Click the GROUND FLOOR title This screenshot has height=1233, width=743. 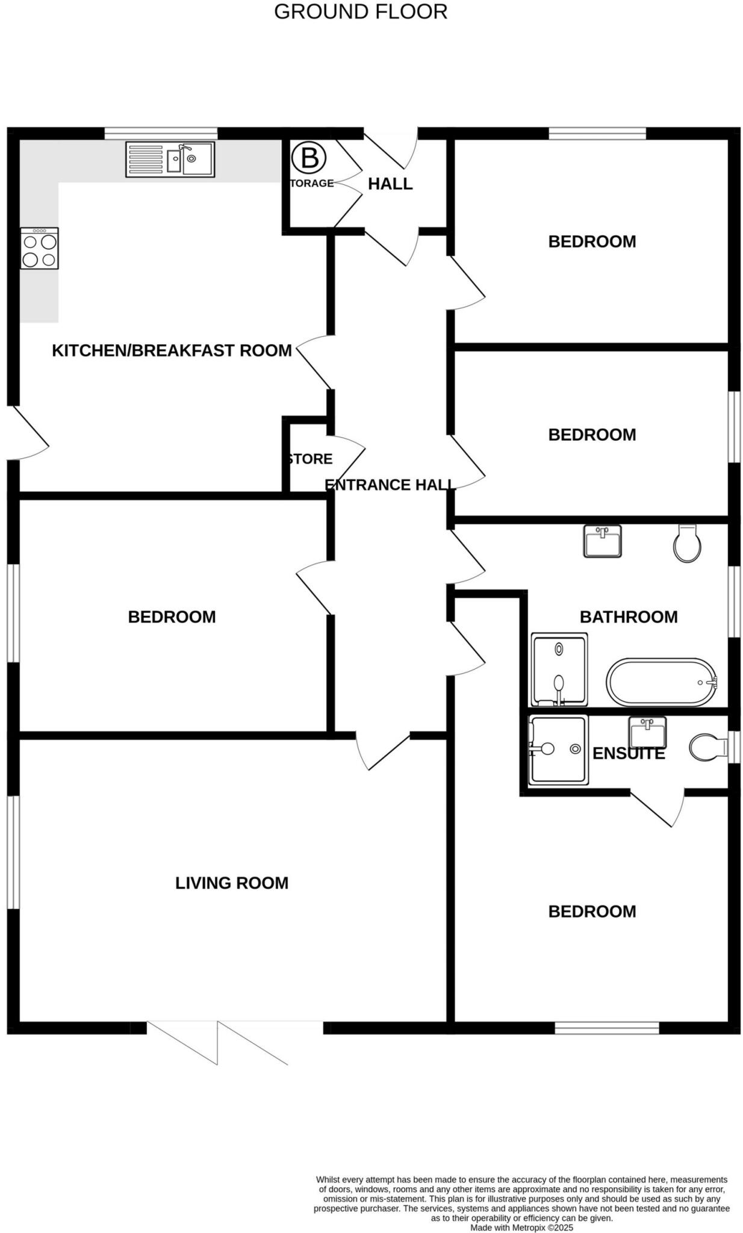pos(361,12)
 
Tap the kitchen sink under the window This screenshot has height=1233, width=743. pos(170,159)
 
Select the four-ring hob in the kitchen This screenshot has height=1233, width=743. pos(40,248)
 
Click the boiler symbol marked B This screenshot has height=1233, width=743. pos(309,158)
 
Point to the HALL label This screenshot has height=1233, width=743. pos(390,184)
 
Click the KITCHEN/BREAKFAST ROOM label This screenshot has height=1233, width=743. pos(172,350)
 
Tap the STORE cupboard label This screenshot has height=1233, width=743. pos(310,459)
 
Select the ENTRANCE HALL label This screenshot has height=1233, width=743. pos(390,485)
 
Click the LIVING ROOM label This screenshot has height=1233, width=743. pos(232,883)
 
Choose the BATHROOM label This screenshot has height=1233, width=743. pos(629,616)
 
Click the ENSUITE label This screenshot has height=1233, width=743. pos(629,753)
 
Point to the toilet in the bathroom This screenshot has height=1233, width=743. pos(687,543)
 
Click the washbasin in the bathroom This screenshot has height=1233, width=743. pos(602,541)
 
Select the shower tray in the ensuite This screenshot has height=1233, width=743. pos(558,750)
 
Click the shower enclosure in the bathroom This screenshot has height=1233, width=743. pos(559,669)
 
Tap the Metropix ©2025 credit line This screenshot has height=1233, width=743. pos(521,1227)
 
